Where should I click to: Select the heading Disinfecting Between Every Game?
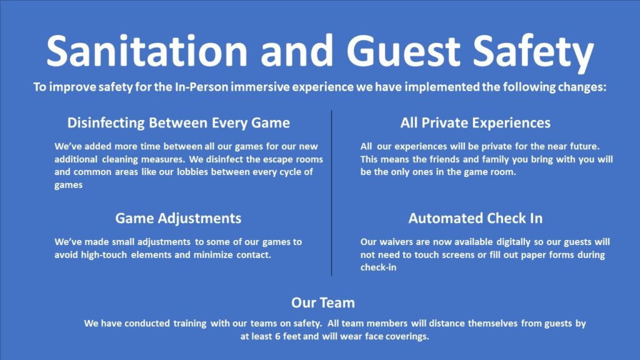pos(179,122)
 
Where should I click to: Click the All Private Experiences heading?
pos(476,122)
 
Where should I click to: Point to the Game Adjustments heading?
pos(178,218)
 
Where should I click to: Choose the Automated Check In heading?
pos(476,218)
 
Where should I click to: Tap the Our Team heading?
pos(322,303)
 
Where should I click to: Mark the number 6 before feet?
pos(266,336)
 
